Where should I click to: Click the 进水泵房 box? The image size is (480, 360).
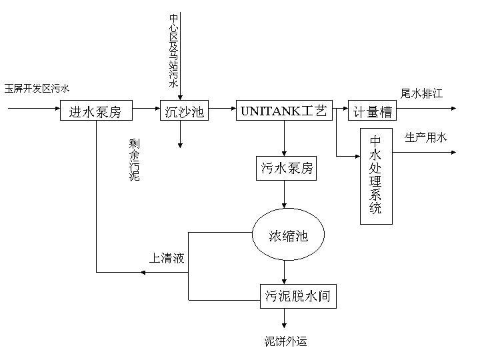95,111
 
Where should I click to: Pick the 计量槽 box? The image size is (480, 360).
372,111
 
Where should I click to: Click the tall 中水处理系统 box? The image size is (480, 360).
375,175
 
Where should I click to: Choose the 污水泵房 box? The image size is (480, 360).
286,168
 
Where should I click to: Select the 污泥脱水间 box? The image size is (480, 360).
297,294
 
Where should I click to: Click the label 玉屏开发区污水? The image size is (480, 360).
37,89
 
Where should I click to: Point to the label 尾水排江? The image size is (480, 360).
421,93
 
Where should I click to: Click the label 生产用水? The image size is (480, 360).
426,138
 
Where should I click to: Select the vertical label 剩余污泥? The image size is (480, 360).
135,160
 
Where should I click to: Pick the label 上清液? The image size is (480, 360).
166,259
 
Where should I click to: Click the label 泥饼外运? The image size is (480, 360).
286,342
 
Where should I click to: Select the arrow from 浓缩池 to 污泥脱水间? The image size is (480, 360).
285,271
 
